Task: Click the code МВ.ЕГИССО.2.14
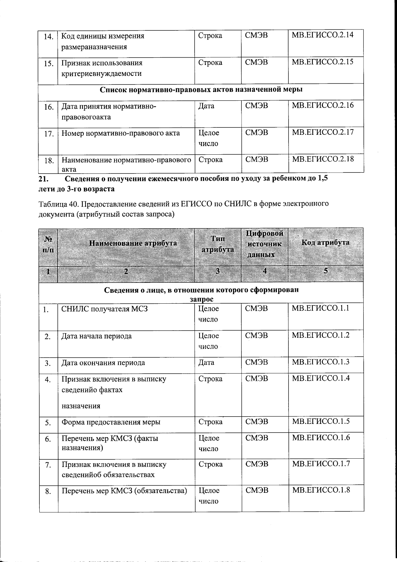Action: pyautogui.click(x=323, y=35)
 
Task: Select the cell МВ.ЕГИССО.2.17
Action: pyautogui.click(x=323, y=132)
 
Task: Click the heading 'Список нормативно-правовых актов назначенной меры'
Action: pyautogui.click(x=201, y=90)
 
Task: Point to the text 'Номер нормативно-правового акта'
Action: pyautogui.click(x=121, y=133)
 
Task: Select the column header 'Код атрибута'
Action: pyautogui.click(x=325, y=242)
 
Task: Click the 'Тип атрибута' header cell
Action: pyautogui.click(x=218, y=244)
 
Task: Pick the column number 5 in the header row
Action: pyautogui.click(x=326, y=271)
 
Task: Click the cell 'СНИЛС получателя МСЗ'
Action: pyautogui.click(x=105, y=309)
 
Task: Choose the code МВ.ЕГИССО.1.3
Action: pyautogui.click(x=321, y=362)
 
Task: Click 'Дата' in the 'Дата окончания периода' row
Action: pyautogui.click(x=206, y=363)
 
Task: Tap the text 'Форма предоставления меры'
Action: pyautogui.click(x=111, y=422)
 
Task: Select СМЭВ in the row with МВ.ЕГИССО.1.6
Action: pyautogui.click(x=257, y=438)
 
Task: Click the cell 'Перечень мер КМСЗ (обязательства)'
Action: pyautogui.click(x=124, y=490)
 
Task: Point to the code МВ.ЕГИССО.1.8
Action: pyautogui.click(x=321, y=490)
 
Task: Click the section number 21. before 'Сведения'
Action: pyautogui.click(x=44, y=179)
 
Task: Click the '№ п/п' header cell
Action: pyautogui.click(x=48, y=244)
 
